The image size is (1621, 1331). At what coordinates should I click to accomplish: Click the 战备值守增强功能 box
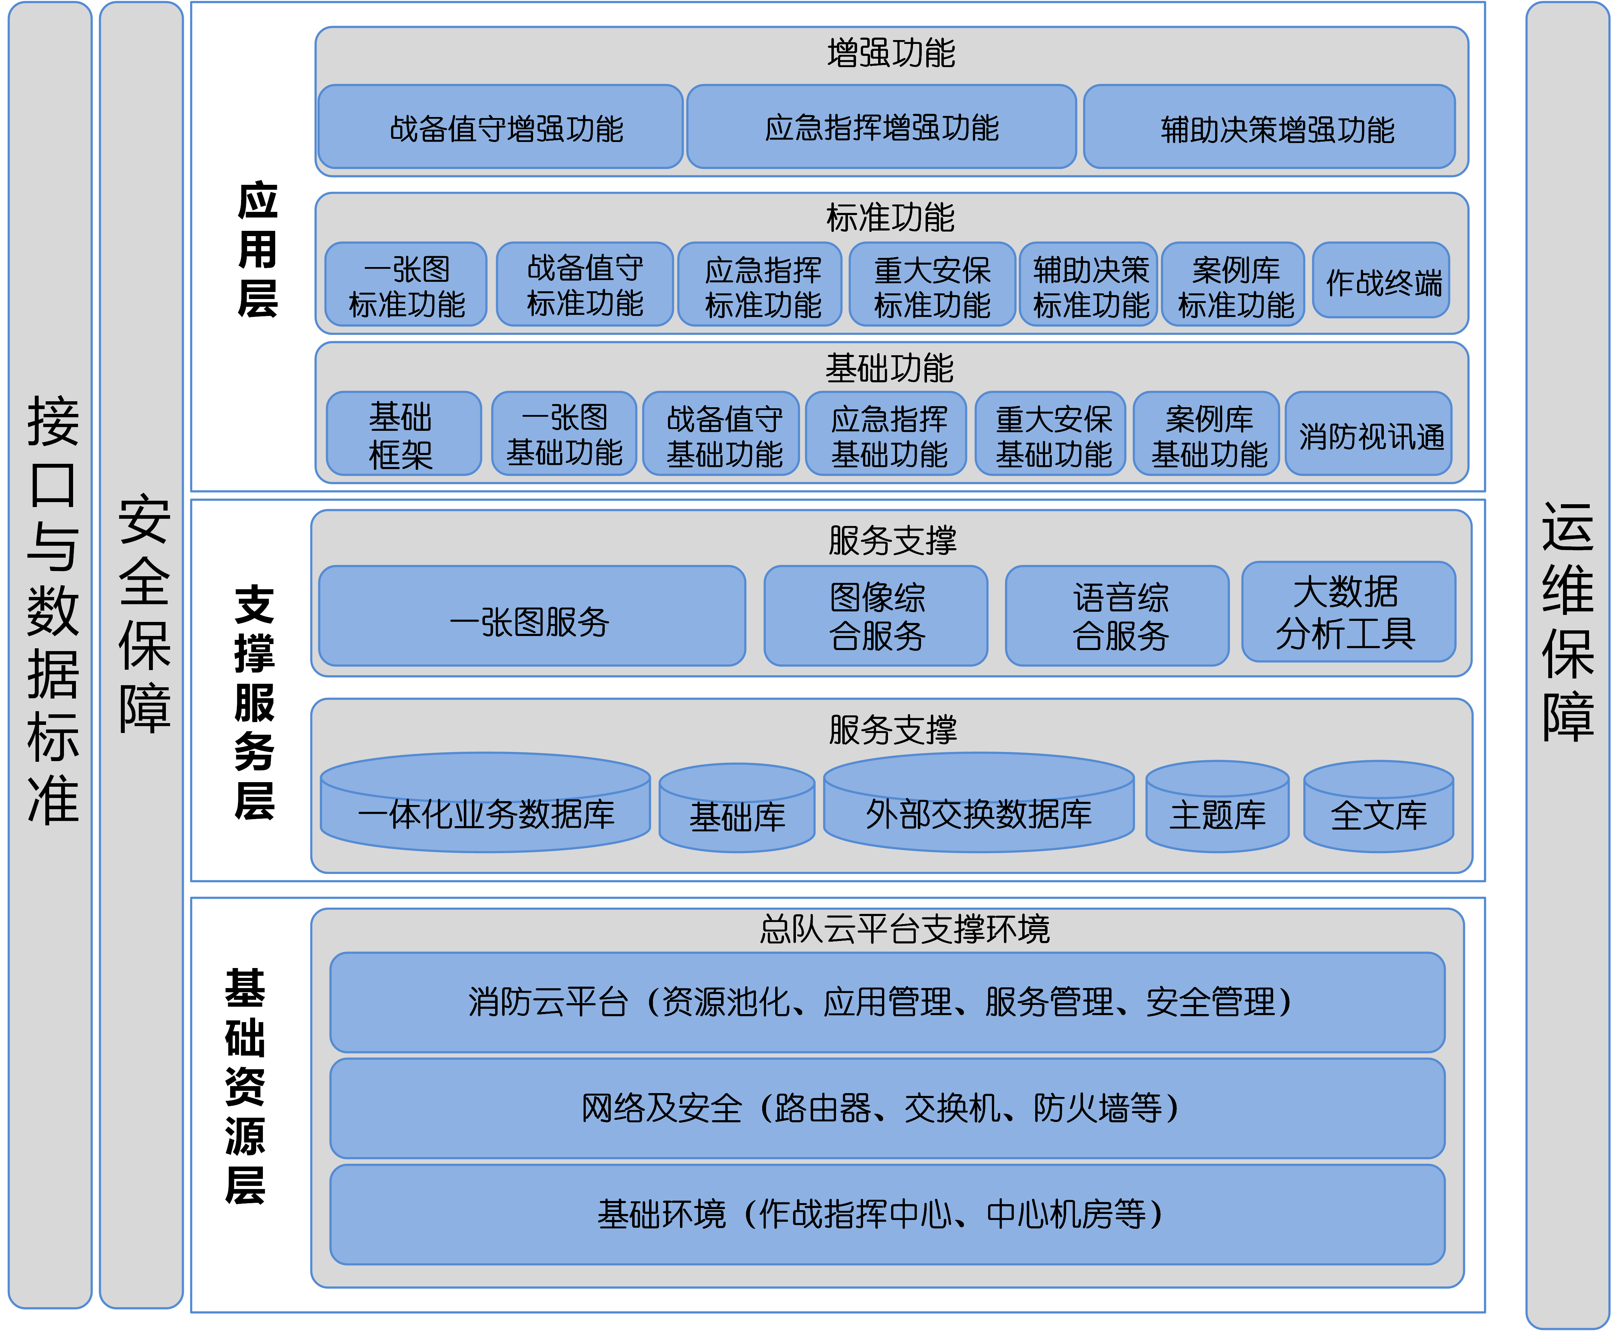pyautogui.click(x=500, y=126)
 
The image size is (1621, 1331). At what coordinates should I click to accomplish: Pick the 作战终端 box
pyautogui.click(x=1381, y=281)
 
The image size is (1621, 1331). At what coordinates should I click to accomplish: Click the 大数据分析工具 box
pyautogui.click(x=1349, y=612)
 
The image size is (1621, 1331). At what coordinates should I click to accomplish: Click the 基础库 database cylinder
pyautogui.click(x=737, y=807)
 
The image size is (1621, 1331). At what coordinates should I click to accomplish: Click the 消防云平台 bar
pyautogui.click(x=887, y=1002)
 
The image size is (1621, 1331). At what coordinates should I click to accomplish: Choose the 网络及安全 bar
pyautogui.click(x=887, y=1108)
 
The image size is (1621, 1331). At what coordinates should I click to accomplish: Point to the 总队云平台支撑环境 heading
pyautogui.click(x=905, y=929)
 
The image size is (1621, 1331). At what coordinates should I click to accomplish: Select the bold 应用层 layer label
pyautogui.click(x=258, y=250)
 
